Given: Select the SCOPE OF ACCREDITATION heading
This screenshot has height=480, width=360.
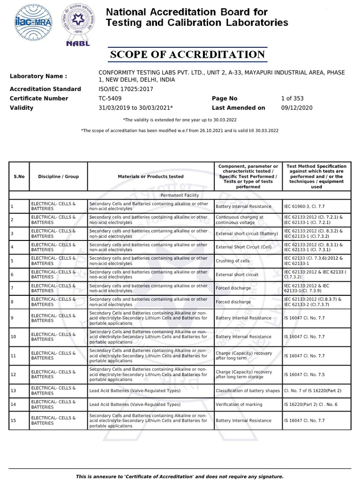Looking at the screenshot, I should pos(187,55).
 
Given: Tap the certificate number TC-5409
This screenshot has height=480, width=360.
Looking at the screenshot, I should pos(110,98).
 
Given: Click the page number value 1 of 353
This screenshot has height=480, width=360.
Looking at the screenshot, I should pos(292,98).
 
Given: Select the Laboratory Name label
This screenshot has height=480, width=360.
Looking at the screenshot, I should pos(38,76).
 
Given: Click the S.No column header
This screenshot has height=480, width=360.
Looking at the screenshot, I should pos(19,177).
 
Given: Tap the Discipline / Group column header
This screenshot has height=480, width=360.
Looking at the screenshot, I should pos(59,177).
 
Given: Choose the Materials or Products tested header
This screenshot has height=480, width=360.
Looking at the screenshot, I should pos(150,177).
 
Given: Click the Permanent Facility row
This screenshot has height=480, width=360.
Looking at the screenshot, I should pos(180,195).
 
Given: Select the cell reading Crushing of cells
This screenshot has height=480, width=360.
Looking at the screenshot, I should pos(232,261).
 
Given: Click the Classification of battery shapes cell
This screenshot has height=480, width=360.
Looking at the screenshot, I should pos(247,390).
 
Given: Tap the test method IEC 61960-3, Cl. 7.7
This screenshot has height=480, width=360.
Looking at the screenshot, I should pos(304,206).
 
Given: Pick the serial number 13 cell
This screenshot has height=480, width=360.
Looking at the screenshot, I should pos(14,390).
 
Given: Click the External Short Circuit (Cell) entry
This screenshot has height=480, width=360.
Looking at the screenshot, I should pos(243,247).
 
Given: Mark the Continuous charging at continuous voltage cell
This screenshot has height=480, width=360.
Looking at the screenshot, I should pos(240,220).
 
